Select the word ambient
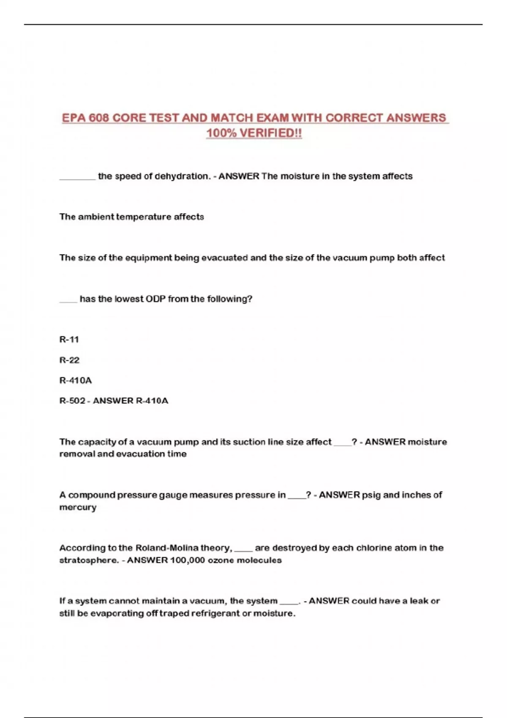[96, 217]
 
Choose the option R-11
[69, 340]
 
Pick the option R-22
[69, 360]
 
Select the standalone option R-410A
[75, 381]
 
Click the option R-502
[72, 401]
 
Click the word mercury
[78, 507]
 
